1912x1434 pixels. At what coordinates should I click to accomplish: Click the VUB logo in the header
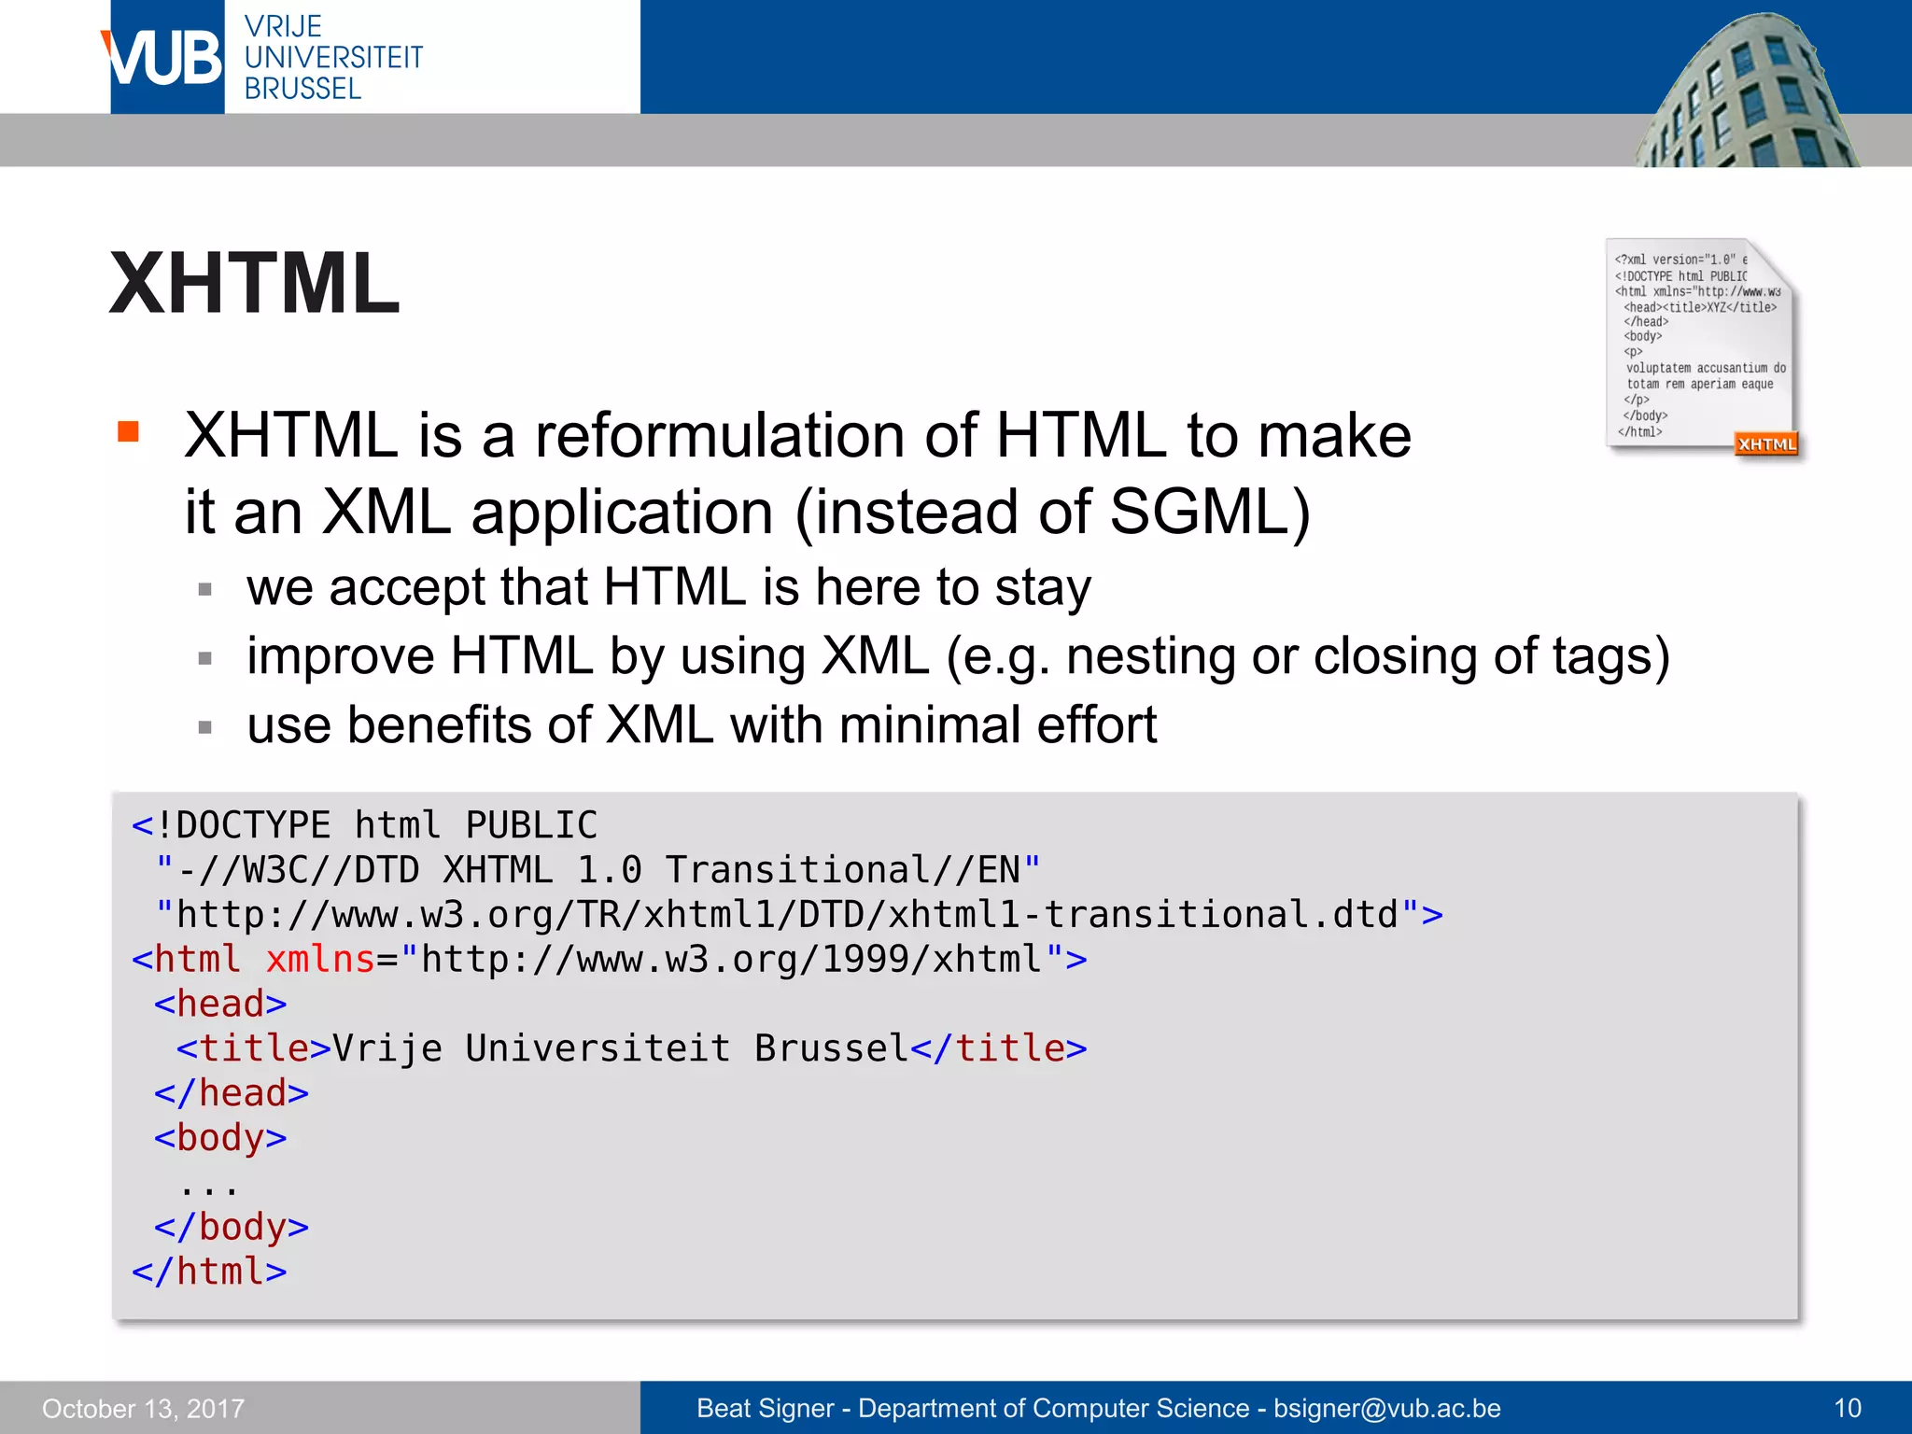[166, 58]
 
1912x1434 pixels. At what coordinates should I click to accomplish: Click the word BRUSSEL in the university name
[302, 89]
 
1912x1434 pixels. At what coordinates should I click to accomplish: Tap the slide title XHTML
[255, 283]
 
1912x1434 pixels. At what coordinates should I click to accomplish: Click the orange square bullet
[128, 431]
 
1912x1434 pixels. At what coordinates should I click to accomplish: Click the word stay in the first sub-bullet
[1043, 588]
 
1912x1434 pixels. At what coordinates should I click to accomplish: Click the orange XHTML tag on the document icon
[1765, 444]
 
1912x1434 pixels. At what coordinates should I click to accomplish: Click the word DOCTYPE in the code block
[253, 826]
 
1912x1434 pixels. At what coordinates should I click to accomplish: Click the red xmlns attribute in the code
[320, 960]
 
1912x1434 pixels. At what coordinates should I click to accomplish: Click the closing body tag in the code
[232, 1227]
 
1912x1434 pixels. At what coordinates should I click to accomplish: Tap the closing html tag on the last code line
[209, 1272]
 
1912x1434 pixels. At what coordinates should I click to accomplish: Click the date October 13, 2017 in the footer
[143, 1409]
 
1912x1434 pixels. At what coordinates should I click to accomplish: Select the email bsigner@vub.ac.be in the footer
[1387, 1409]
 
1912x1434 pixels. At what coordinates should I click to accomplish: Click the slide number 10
[1848, 1409]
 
